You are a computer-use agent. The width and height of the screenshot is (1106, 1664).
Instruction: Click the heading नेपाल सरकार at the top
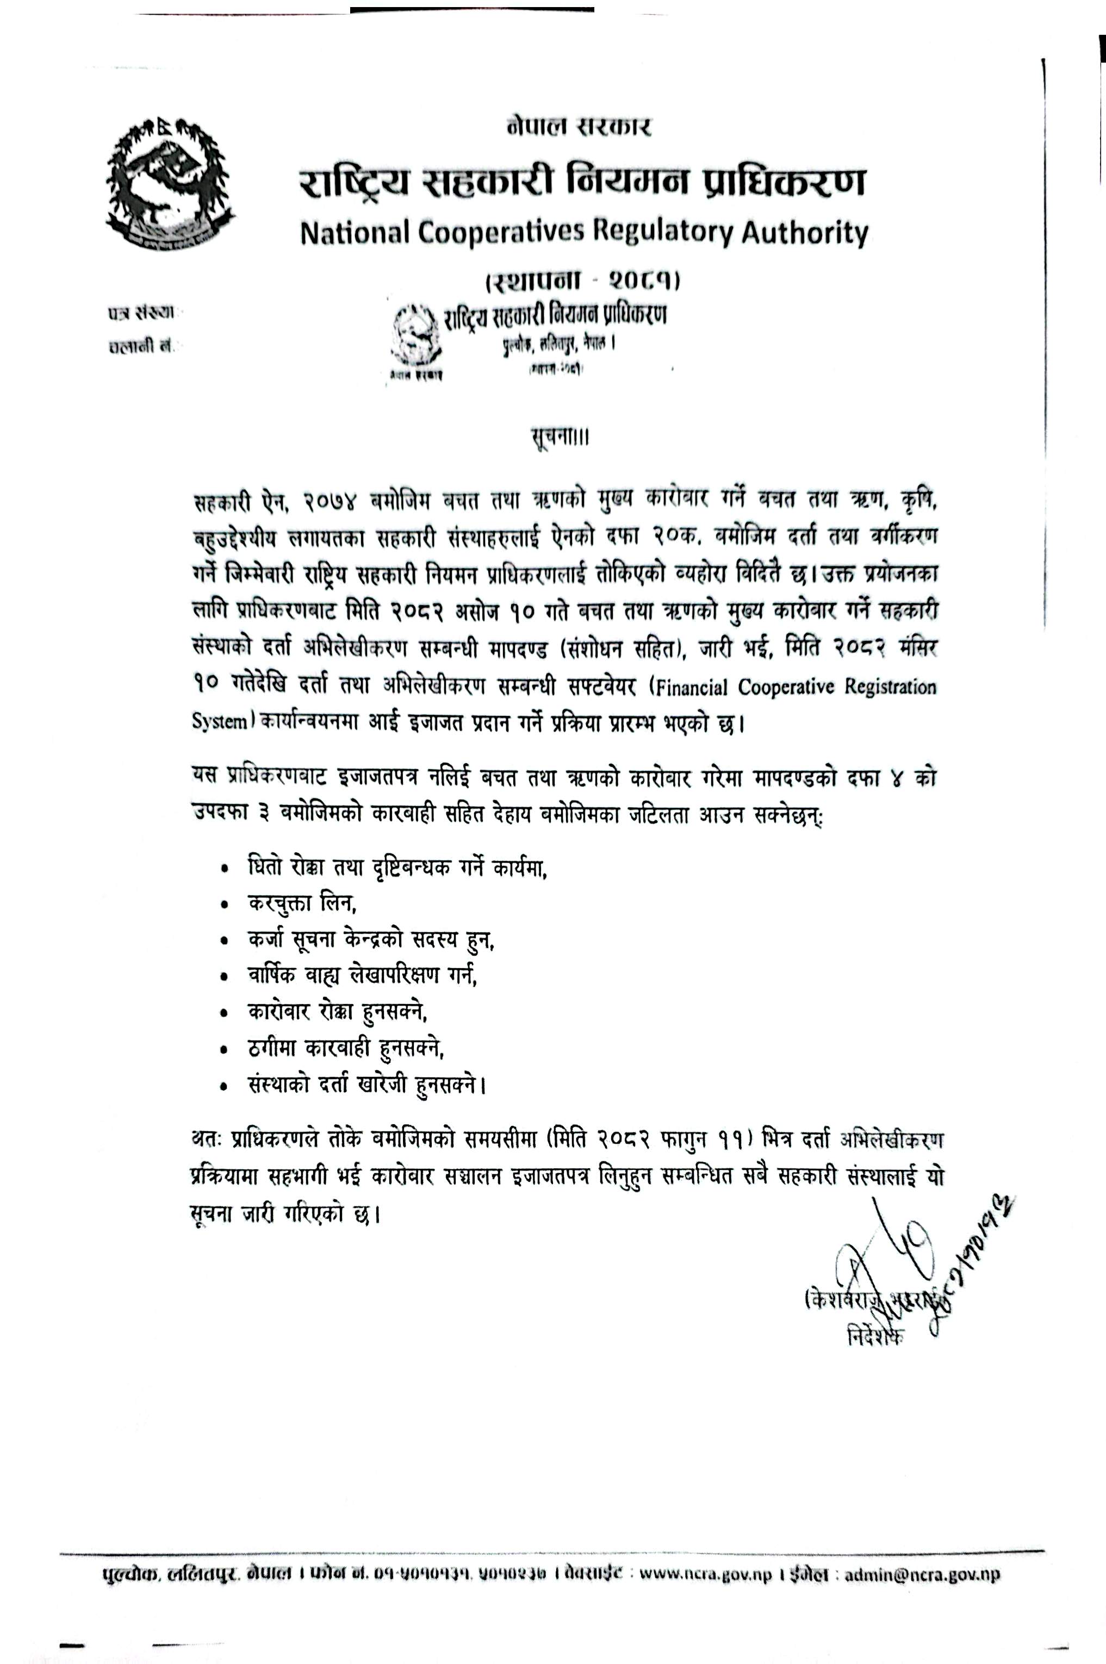coord(579,127)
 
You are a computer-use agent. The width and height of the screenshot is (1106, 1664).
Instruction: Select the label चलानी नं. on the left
coord(141,347)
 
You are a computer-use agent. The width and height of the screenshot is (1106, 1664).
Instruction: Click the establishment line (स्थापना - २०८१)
coord(582,281)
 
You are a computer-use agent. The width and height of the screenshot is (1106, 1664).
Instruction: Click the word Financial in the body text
coord(691,687)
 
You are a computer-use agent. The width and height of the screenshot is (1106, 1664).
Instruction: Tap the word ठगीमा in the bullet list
coord(273,1050)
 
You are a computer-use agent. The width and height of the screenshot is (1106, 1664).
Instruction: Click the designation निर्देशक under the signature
coord(875,1335)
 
